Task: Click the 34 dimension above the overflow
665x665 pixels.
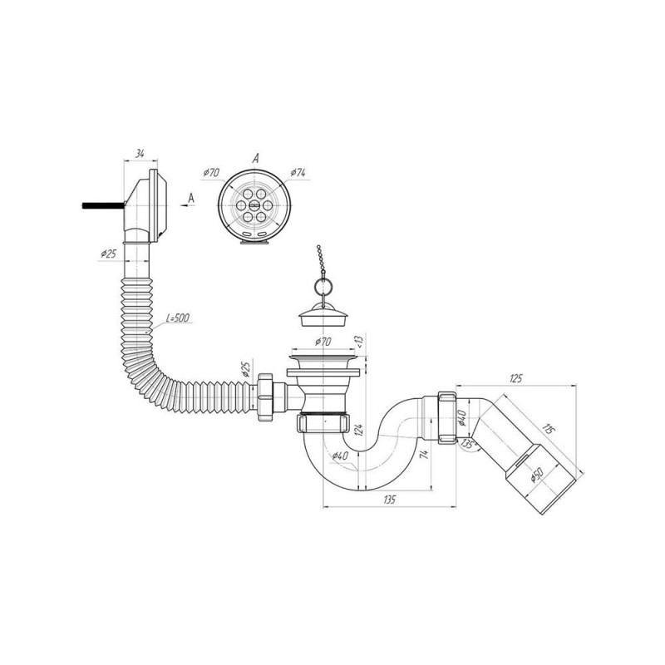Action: (140, 154)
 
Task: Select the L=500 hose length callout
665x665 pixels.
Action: (178, 318)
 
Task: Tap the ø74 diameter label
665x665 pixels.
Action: (298, 173)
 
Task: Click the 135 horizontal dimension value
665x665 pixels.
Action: (388, 500)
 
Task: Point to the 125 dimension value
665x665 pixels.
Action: (515, 379)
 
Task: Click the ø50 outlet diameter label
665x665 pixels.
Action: (536, 476)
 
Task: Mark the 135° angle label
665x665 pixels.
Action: (468, 445)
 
